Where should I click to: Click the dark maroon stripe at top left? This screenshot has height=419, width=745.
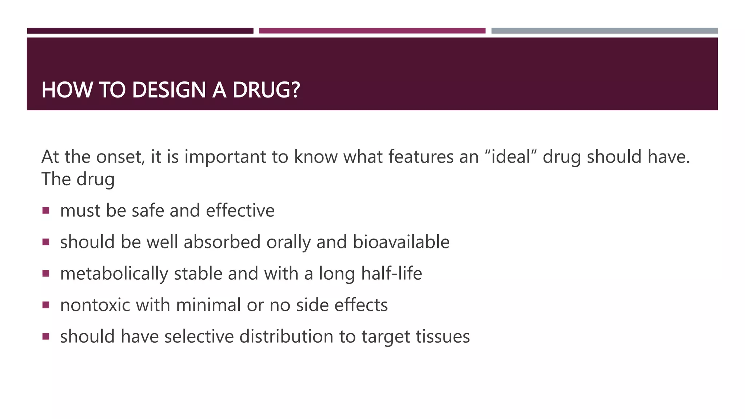coord(140,31)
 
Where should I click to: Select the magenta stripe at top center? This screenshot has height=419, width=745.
coord(372,31)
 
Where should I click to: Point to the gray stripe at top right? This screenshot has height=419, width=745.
coord(604,31)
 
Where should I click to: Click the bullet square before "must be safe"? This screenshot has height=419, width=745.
coord(46,210)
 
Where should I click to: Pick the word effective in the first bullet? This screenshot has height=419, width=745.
coord(240,211)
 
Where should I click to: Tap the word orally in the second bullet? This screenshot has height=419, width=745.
coord(288,243)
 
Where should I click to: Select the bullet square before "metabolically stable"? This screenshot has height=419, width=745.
coord(46,273)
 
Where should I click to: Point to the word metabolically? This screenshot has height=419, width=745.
coord(114,274)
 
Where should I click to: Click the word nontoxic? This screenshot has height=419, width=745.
coord(95,305)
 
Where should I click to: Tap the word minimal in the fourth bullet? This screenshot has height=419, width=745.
coord(208,305)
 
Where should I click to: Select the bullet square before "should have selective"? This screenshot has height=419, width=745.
coord(46,336)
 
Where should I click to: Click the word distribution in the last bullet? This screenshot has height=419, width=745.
coord(286,336)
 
